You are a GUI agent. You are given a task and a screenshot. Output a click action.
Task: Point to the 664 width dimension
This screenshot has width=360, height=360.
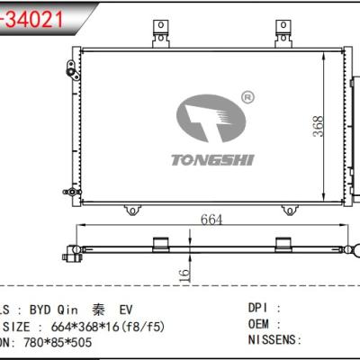pyautogui.click(x=212, y=219)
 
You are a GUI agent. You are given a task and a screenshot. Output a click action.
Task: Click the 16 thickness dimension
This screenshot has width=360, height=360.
pyautogui.click(x=184, y=273)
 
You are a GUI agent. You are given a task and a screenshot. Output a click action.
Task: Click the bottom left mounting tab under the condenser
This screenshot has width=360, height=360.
pyautogui.click(x=132, y=210)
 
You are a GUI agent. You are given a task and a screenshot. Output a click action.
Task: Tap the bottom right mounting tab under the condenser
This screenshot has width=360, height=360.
pyautogui.click(x=291, y=210)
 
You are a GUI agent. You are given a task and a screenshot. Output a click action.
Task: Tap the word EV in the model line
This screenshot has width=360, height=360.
pyautogui.click(x=127, y=307)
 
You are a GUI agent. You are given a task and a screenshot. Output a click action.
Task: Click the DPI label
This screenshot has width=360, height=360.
pyautogui.click(x=258, y=307)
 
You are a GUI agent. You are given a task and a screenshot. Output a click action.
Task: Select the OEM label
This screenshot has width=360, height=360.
pyautogui.click(x=258, y=324)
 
